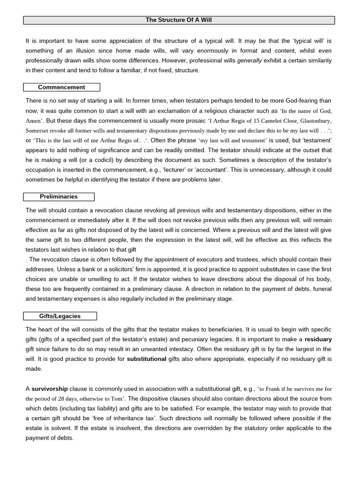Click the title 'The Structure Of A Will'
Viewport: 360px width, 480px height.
click(179, 20)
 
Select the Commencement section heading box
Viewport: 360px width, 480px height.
click(61, 87)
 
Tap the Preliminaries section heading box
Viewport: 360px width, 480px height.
click(59, 197)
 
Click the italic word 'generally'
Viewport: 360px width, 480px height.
click(249, 60)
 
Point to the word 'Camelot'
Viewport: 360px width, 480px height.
click(272, 121)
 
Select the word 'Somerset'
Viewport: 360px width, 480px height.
click(37, 131)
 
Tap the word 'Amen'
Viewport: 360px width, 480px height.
click(33, 121)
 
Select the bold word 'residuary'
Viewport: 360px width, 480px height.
click(318, 339)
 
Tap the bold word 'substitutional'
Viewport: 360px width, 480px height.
click(146, 359)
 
